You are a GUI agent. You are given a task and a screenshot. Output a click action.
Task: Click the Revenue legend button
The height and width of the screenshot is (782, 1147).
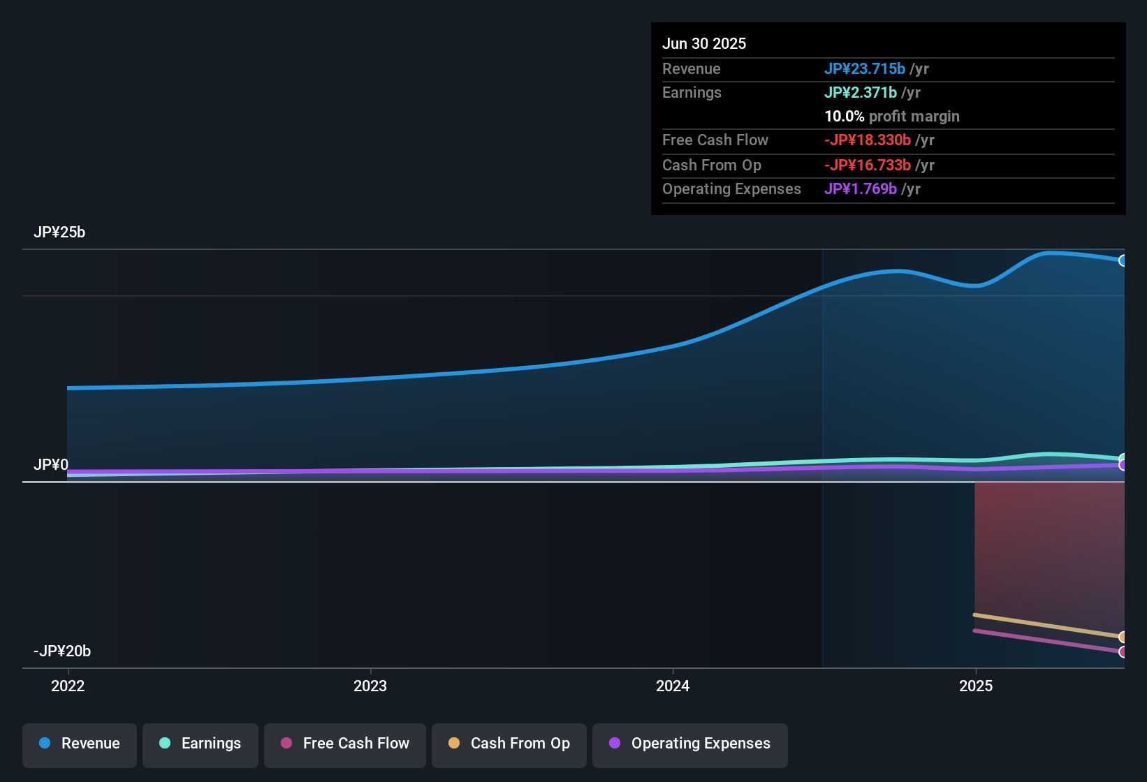(x=80, y=744)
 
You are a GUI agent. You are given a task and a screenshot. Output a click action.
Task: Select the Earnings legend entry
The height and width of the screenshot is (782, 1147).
(x=200, y=744)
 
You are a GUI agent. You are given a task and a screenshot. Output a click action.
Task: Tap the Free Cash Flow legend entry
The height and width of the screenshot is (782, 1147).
(x=345, y=744)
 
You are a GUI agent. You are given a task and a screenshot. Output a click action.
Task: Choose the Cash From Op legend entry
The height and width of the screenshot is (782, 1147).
(x=509, y=744)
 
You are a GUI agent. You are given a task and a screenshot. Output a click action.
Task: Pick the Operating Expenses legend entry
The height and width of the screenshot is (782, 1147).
(x=690, y=744)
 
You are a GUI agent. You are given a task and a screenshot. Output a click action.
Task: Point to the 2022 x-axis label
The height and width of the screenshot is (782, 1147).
(x=68, y=686)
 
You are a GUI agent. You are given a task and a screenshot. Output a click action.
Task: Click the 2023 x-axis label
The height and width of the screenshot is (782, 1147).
(x=370, y=686)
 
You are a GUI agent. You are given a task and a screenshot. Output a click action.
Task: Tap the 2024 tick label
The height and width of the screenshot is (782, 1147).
(x=673, y=686)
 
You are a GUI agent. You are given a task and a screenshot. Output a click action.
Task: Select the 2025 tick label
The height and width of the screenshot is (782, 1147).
(x=976, y=686)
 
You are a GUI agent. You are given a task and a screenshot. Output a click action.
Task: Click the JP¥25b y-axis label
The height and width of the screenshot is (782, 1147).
(x=59, y=233)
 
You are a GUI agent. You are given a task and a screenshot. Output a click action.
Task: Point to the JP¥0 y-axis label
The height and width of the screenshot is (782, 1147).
(x=51, y=465)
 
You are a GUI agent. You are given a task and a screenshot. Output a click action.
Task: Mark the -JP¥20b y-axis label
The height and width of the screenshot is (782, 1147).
(x=62, y=651)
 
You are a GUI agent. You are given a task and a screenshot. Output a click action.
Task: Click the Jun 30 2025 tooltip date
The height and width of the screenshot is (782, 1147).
(x=704, y=43)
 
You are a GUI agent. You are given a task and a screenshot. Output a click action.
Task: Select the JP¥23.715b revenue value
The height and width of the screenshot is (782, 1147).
(x=865, y=68)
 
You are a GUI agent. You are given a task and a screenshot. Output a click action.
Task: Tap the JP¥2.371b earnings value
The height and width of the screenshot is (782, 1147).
(x=861, y=92)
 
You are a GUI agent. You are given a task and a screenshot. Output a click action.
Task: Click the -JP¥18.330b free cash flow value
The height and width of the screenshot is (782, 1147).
(x=868, y=140)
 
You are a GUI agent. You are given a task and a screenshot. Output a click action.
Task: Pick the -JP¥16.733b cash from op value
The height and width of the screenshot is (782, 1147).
(x=868, y=165)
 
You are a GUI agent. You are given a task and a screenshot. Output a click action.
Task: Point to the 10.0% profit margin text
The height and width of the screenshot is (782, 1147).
(x=892, y=116)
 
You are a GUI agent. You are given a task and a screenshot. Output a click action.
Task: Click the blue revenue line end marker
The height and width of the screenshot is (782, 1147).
(x=1123, y=260)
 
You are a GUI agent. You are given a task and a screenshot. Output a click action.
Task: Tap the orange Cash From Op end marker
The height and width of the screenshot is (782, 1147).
(x=1123, y=637)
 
